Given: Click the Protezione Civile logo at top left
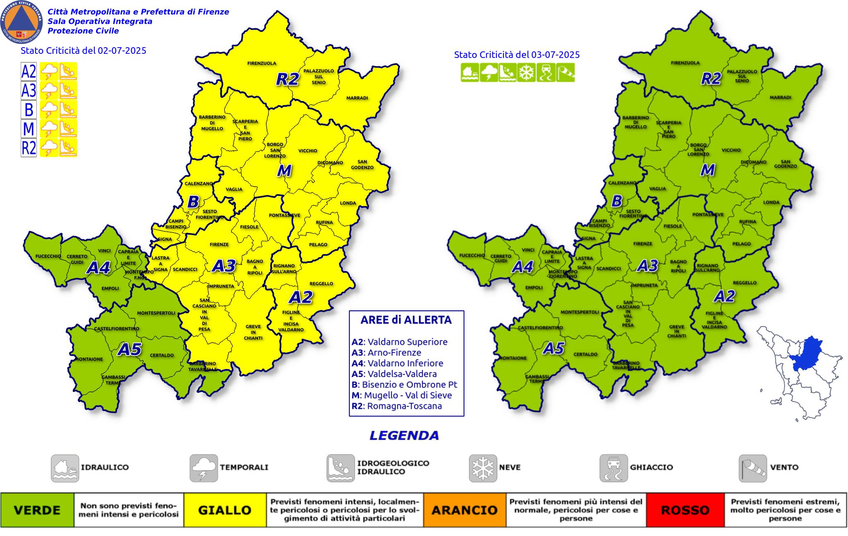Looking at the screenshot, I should pos(22,22).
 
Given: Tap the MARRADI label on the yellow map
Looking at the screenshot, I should pos(357,98).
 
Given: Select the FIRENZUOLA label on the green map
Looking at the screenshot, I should pos(685,63).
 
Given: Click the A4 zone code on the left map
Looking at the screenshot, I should pos(98,268).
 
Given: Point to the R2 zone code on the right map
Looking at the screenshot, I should pos(711,79).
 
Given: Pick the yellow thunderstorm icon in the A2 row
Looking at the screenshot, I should pos(48,72).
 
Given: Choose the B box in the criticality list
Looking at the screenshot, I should pos(29,110).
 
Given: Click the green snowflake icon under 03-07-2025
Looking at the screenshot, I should pos(527,73).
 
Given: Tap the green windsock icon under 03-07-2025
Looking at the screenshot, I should pos(565,73).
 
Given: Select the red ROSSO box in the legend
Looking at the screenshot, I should pos(685,510).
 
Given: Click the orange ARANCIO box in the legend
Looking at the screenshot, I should pos(465,510).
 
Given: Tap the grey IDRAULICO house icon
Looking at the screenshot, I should pos(65,468).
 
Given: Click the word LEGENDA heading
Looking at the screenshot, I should pos(404,435).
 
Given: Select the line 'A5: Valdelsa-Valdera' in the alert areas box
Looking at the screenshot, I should pos(394,374).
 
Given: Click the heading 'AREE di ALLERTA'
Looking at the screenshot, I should pos(406,320).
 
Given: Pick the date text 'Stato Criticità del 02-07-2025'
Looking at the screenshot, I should pos(83,51).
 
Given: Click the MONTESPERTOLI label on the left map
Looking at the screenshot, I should pos(156,313).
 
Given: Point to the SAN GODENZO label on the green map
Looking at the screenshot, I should pos(785,164).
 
